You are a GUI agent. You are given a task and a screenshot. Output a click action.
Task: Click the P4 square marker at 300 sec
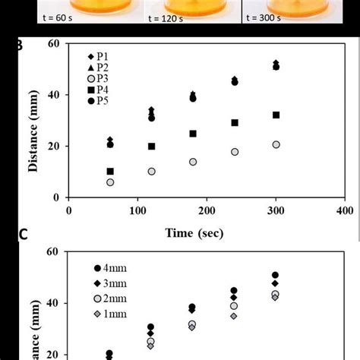(x=276, y=115)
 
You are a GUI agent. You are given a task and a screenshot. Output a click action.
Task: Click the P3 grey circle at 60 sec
(x=111, y=182)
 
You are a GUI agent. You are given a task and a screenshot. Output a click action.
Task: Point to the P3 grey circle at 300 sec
(x=276, y=144)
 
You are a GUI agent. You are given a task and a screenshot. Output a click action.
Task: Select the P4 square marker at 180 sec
(x=193, y=134)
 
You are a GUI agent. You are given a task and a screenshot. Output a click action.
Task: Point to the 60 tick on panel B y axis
(x=54, y=44)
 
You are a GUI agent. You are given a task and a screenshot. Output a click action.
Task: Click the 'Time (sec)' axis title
(x=195, y=233)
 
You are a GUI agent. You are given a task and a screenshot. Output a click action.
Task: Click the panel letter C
(x=23, y=235)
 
